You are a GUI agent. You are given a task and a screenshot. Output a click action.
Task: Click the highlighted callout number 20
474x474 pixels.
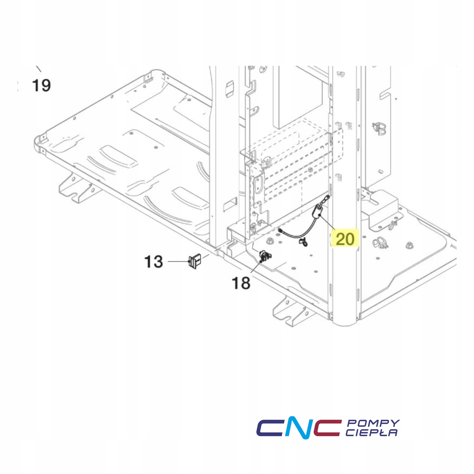345,239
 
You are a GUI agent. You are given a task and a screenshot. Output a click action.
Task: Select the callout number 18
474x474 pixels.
241,283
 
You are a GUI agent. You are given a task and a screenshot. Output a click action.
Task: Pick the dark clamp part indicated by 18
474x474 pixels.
264,256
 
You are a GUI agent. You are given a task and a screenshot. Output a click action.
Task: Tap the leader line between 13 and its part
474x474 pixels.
178,261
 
